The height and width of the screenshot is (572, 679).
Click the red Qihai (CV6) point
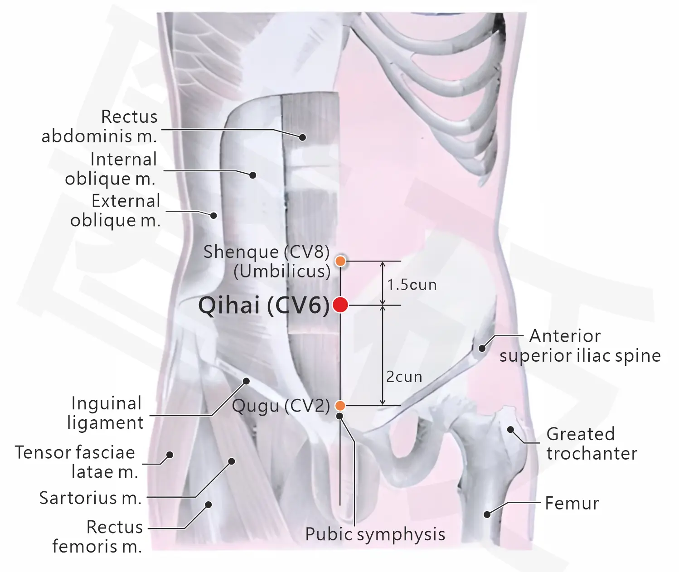click(340, 305)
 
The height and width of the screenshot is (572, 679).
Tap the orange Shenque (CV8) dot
click(340, 261)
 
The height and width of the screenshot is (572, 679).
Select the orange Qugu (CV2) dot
click(340, 406)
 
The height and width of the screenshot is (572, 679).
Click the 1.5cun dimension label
click(412, 285)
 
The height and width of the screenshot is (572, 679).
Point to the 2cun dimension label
click(404, 377)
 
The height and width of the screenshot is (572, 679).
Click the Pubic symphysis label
click(375, 534)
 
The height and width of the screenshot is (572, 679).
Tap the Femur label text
click(572, 503)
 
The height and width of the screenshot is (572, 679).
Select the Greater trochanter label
click(592, 444)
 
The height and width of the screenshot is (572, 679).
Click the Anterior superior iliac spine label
click(580, 346)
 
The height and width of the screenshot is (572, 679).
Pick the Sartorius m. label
click(90, 498)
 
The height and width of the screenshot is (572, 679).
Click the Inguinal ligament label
click(105, 413)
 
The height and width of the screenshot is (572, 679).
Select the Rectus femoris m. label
click(97, 537)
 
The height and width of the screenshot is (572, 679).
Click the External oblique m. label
click(116, 210)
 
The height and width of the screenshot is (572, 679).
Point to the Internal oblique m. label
click(111, 169)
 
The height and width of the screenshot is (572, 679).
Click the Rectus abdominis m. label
click(100, 126)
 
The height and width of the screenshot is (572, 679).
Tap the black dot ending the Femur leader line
click(487, 514)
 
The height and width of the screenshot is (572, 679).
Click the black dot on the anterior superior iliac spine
click(482, 348)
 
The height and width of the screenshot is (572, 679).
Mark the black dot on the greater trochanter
click(510, 430)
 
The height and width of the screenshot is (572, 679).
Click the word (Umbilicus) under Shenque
click(282, 271)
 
